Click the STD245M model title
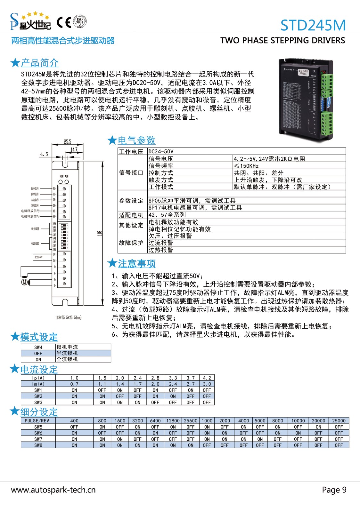click(x=313, y=25)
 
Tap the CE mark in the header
click(x=64, y=22)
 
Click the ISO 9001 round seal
click(x=79, y=22)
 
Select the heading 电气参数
click(x=136, y=140)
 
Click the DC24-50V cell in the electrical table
click(x=161, y=151)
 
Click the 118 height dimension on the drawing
click(x=100, y=233)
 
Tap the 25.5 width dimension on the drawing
click(x=67, y=142)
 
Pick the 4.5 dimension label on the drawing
click(x=44, y=154)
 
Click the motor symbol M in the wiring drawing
click(x=24, y=282)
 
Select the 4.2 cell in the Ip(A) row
click(x=207, y=378)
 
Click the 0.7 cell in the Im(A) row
click(x=74, y=384)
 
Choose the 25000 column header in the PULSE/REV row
click(x=339, y=421)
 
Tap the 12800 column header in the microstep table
click(x=173, y=421)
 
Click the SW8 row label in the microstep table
click(x=38, y=445)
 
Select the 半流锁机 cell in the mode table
click(x=67, y=353)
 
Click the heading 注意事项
click(x=137, y=264)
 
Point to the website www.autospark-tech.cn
click(x=53, y=490)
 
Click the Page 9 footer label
click(x=334, y=490)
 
